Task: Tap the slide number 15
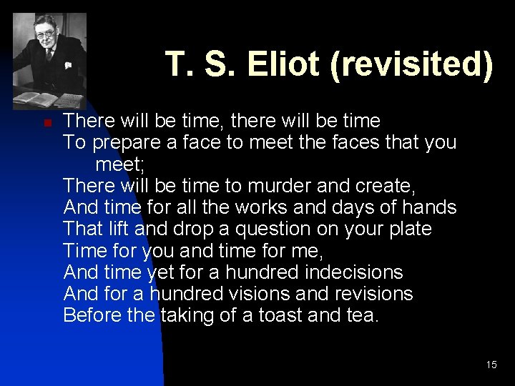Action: pyautogui.click(x=491, y=365)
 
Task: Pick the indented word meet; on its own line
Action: pyautogui.click(x=120, y=164)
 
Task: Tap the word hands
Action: pyautogui.click(x=429, y=208)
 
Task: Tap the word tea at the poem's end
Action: pyautogui.click(x=362, y=315)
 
